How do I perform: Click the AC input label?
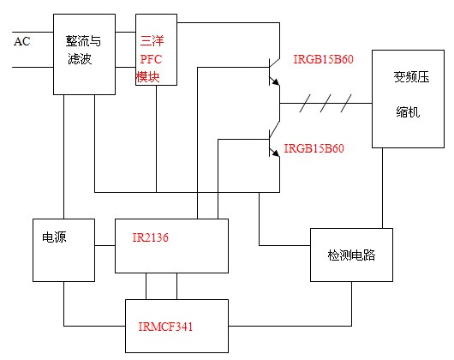pyautogui.click(x=22, y=41)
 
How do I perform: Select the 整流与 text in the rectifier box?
pyautogui.click(x=83, y=41)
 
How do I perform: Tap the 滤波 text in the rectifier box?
pyautogui.click(x=80, y=59)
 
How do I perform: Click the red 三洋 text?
pyautogui.click(x=152, y=41)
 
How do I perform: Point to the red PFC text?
pyautogui.click(x=151, y=59)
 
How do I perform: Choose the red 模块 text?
pyautogui.click(x=147, y=77)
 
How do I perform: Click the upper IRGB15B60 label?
pyautogui.click(x=324, y=59)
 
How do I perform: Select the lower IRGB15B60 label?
pyautogui.click(x=314, y=148)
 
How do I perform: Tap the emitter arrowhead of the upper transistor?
pyautogui.click(x=276, y=81)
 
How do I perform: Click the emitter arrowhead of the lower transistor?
pyautogui.click(x=276, y=153)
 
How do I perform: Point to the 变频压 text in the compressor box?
pyautogui.click(x=411, y=77)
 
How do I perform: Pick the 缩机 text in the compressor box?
pyautogui.click(x=408, y=111)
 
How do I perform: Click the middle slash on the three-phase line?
pyautogui.click(x=326, y=103)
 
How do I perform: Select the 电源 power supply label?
pyautogui.click(x=54, y=237)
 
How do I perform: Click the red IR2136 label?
pyautogui.click(x=150, y=237)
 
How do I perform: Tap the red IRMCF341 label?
pyautogui.click(x=165, y=327)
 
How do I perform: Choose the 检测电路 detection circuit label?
pyautogui.click(x=351, y=255)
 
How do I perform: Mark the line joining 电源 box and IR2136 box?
pyautogui.click(x=105, y=246)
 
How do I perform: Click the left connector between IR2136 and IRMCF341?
pyautogui.click(x=146, y=286)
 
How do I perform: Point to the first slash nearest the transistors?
pyautogui.click(x=305, y=103)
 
